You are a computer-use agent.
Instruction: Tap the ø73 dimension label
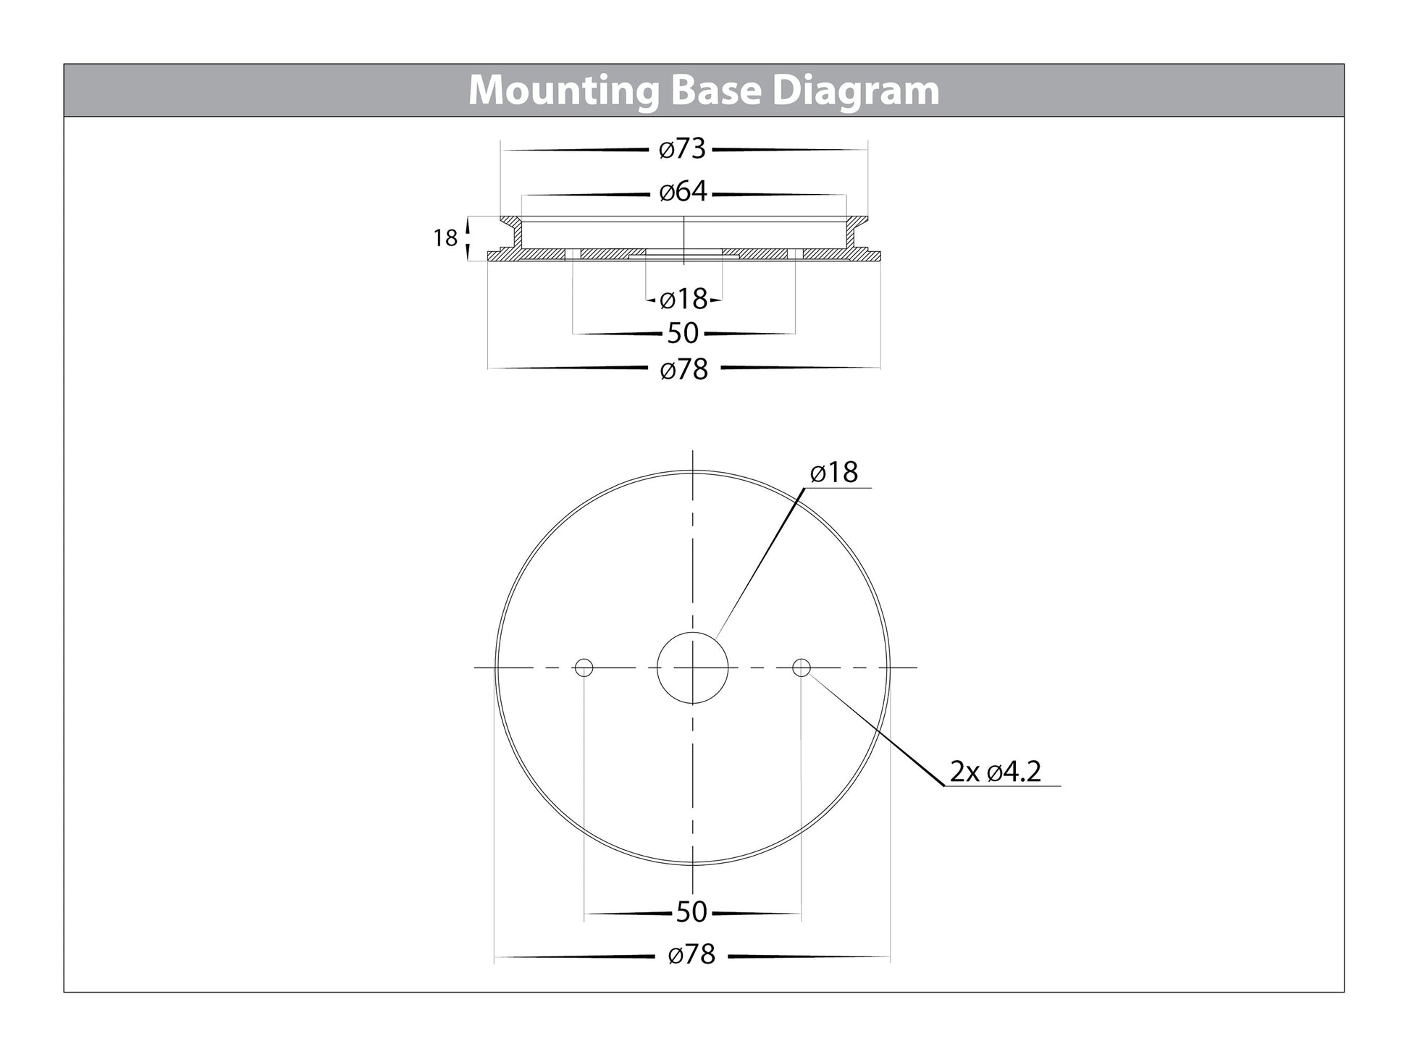pyautogui.click(x=682, y=149)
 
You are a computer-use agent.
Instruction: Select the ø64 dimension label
pyautogui.click(x=683, y=193)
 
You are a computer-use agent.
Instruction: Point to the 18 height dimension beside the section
pyautogui.click(x=445, y=237)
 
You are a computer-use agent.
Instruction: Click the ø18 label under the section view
pyautogui.click(x=684, y=298)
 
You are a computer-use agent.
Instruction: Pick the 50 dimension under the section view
pyautogui.click(x=683, y=334)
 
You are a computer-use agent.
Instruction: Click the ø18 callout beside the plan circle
pyautogui.click(x=834, y=473)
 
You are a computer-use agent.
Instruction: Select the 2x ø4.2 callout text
pyautogui.click(x=995, y=772)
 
